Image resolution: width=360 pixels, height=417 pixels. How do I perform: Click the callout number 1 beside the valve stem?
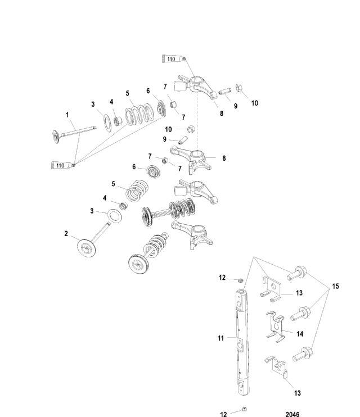(67, 115)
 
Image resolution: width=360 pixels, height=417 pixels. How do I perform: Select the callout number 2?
(66, 233)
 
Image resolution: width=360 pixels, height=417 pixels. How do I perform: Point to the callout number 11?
(220, 338)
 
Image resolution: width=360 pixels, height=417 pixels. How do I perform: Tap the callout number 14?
(300, 334)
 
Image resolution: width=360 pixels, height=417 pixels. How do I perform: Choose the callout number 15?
(335, 286)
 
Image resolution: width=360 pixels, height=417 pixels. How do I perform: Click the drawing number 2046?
(292, 414)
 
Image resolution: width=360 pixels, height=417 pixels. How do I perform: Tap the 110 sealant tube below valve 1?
(61, 165)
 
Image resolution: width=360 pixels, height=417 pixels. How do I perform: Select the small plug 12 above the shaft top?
(239, 279)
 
